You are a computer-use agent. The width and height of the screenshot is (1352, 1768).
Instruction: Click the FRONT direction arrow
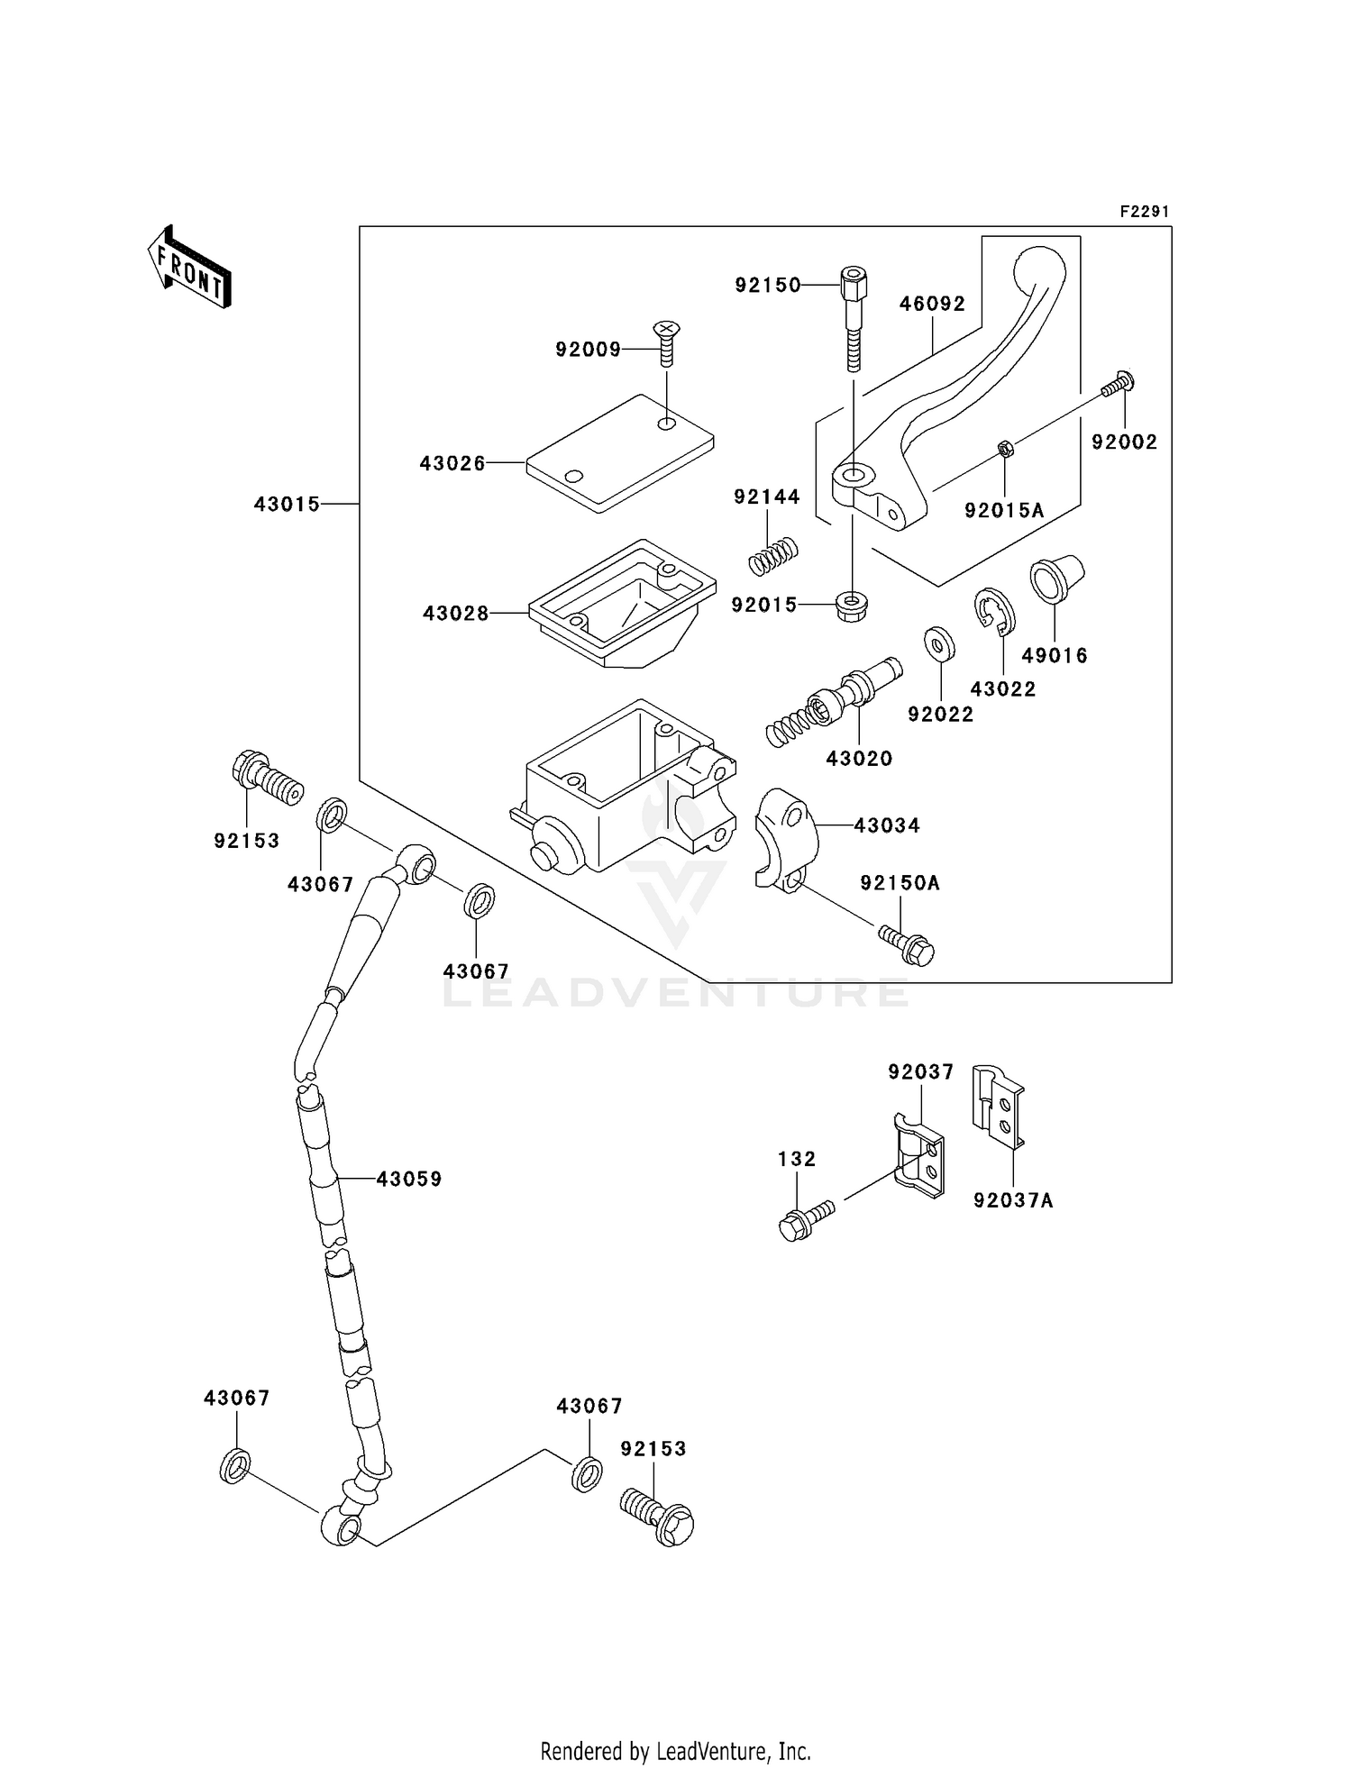[x=190, y=268]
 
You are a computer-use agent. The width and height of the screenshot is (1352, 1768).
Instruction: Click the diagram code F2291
[x=1144, y=212]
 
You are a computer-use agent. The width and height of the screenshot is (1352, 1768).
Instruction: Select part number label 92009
[x=588, y=350]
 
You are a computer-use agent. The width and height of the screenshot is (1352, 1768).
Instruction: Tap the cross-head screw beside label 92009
[x=666, y=342]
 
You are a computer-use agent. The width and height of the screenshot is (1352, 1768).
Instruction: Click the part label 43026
[x=452, y=463]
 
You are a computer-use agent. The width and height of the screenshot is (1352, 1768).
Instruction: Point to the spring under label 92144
[x=774, y=556]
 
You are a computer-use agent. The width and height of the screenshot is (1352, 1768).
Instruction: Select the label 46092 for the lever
[x=932, y=304]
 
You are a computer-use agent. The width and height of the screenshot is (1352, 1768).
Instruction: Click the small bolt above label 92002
[x=1118, y=385]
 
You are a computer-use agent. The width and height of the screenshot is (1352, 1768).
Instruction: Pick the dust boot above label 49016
[x=1056, y=580]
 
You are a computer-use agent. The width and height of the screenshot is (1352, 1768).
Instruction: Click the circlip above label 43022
[x=995, y=611]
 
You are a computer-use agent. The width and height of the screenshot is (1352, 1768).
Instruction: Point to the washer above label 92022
[x=939, y=644]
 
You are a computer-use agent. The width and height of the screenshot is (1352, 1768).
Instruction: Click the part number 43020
[x=859, y=759]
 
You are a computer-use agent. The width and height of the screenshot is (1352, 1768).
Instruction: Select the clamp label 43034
[x=887, y=825]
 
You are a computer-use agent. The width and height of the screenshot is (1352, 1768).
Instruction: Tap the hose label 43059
[x=409, y=1179]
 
